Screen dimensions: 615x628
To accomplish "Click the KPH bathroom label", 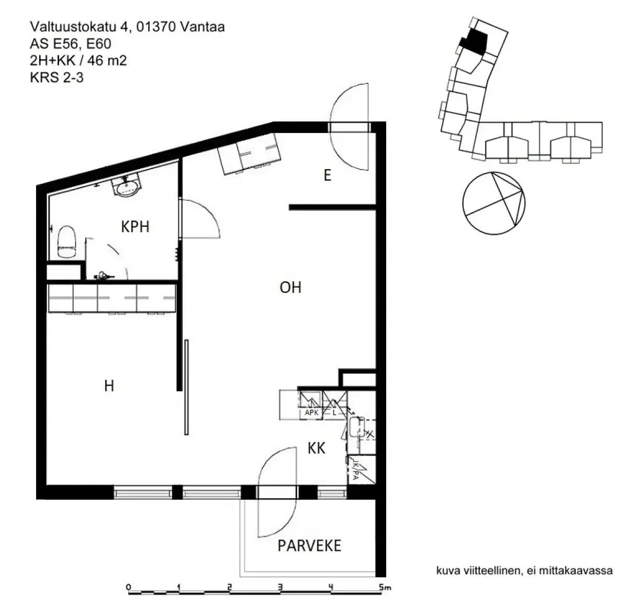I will point(135,226).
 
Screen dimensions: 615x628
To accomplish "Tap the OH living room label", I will point(290,287).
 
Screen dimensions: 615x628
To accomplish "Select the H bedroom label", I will point(109,386).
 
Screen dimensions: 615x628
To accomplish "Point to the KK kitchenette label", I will point(317,448).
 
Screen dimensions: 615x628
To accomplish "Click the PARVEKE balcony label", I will point(309,545).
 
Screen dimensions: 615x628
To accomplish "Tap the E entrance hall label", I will point(327,175).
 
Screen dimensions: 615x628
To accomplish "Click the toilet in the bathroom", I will point(67,241).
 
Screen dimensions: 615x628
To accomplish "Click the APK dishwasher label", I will point(311,413).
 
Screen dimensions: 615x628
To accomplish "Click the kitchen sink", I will point(358,426).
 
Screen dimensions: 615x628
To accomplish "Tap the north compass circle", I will point(494,203).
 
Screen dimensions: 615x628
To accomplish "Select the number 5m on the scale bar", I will point(385,587).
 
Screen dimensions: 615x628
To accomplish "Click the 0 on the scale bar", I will point(129,587).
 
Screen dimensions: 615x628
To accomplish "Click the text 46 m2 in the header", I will point(107,60).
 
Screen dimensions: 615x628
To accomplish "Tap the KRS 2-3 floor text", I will point(57,78).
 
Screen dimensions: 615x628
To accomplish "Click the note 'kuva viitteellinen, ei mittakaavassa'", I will point(524,570).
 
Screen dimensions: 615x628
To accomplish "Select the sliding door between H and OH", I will point(186,387).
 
